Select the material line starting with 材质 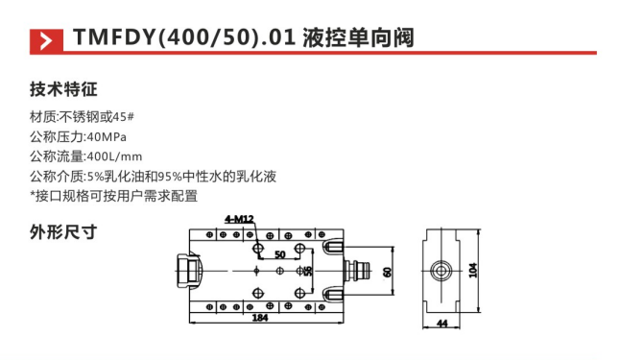point(83,118)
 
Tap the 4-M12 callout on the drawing point(239,220)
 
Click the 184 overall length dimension point(260,318)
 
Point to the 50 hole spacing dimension point(280,254)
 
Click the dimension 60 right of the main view point(388,272)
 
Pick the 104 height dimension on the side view point(473,271)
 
